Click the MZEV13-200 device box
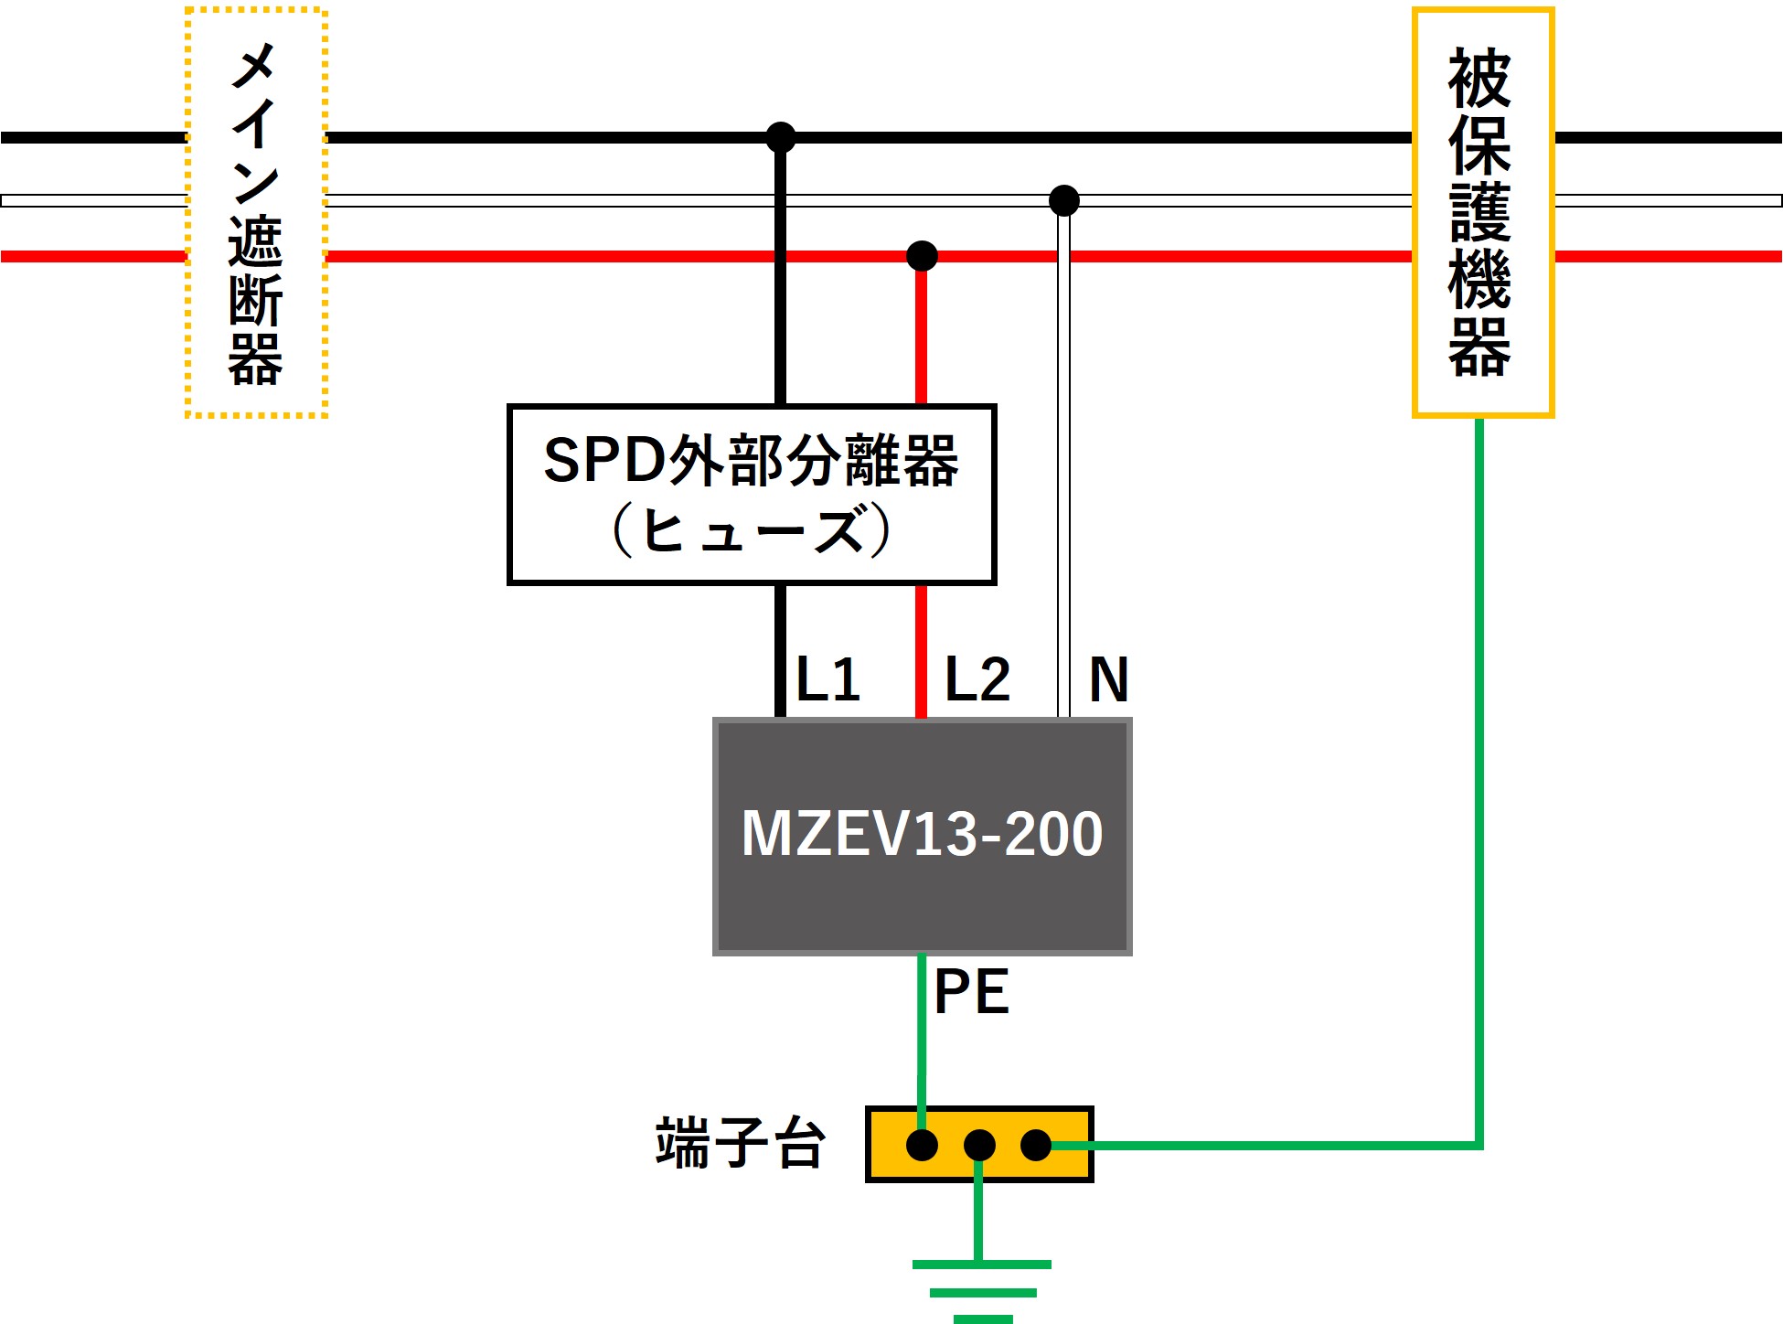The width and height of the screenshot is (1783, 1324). tap(922, 837)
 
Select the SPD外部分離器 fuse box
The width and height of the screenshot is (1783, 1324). tap(751, 494)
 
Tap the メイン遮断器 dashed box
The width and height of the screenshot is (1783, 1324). tap(256, 213)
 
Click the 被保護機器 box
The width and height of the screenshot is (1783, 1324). tap(1482, 213)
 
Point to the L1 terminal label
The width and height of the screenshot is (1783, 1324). tap(828, 679)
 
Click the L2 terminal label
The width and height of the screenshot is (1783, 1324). tap(977, 679)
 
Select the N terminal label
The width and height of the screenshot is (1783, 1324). tap(1108, 679)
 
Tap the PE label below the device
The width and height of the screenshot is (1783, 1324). tap(971, 992)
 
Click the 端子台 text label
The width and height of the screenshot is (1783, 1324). tap(740, 1143)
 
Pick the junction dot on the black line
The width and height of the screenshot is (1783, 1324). tap(780, 138)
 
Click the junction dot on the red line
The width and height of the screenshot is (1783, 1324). tap(922, 256)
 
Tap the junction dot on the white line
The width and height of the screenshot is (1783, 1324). tap(1063, 200)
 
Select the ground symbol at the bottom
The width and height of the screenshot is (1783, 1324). tap(982, 1290)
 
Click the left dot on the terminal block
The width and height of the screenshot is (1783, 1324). tap(922, 1145)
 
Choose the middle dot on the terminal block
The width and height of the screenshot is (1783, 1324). tap(979, 1145)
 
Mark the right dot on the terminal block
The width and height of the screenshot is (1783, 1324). tap(1036, 1145)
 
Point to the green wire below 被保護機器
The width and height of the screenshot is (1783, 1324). tap(1479, 777)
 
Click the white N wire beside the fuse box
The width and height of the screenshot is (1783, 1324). tap(1063, 494)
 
